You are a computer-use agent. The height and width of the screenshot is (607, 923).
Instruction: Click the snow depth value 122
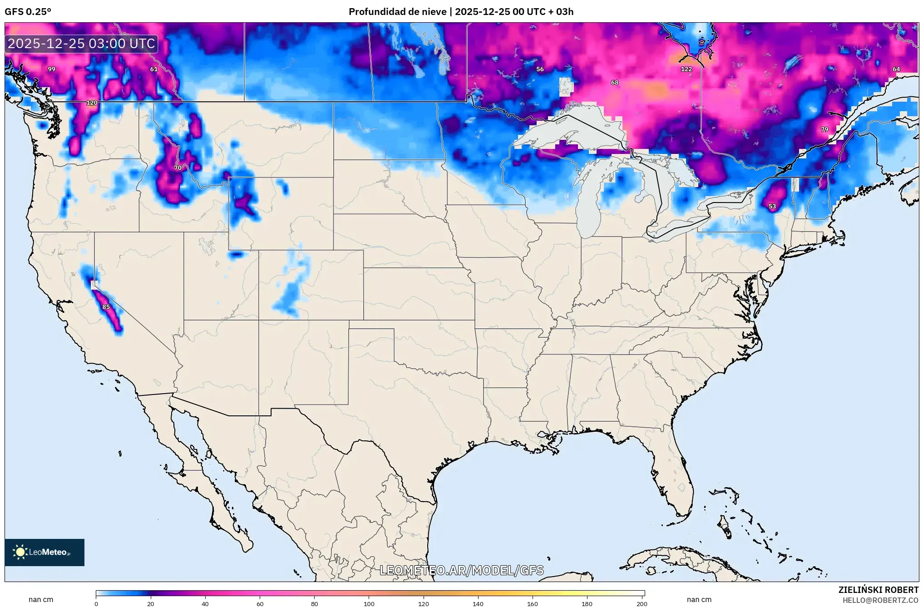coord(686,69)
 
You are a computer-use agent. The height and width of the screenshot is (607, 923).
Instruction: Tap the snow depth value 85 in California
coord(106,307)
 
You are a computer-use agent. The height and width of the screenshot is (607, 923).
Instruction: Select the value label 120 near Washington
coord(92,103)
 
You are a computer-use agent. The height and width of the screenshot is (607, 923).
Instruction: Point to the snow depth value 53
coord(772,207)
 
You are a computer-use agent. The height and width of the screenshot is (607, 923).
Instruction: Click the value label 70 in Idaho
coord(178,168)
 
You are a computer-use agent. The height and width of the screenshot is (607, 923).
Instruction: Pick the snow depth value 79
coord(824,130)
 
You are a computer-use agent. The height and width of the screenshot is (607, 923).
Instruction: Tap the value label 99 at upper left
coord(52,69)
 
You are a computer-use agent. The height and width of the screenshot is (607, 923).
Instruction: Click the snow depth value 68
coord(614,83)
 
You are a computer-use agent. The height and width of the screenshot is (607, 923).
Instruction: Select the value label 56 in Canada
coord(539,69)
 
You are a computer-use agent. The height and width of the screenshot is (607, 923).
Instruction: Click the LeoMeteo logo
coord(44,553)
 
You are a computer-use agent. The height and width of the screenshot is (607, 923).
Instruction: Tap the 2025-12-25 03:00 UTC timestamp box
coord(81,44)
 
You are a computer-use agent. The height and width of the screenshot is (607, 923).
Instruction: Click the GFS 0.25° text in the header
coord(28,12)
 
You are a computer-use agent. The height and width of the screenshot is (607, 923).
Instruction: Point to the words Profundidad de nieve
coord(397,12)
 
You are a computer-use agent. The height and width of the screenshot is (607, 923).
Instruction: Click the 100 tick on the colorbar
coord(369,604)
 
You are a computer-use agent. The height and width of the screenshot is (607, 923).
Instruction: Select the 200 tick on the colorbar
coord(642,604)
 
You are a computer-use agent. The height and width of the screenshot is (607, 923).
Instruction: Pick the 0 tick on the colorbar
coord(96,604)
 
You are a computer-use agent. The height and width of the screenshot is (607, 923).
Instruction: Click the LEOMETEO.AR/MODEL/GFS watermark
coord(461,571)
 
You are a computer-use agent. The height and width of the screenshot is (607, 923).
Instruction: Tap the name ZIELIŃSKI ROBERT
coord(878,590)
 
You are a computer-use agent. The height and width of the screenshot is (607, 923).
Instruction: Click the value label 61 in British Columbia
coord(154,69)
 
